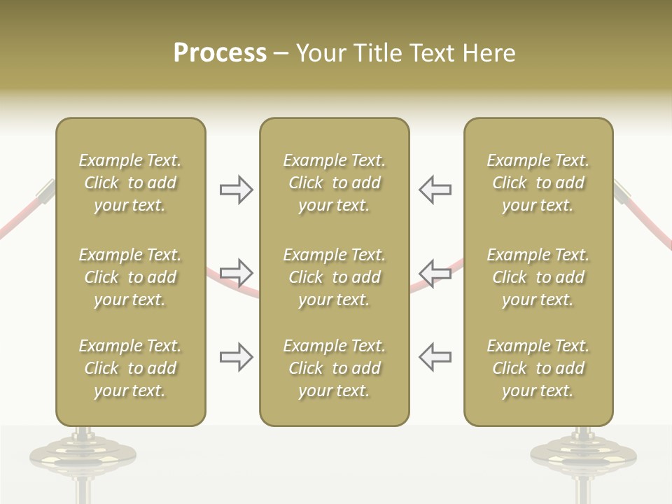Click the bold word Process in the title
[x=220, y=53]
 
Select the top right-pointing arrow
[x=237, y=190]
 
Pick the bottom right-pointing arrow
[x=237, y=357]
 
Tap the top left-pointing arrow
[x=435, y=190]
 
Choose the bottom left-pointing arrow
[x=435, y=357]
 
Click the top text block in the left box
[x=130, y=183]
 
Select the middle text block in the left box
[x=130, y=277]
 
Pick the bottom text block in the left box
[x=130, y=368]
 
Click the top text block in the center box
[x=334, y=183]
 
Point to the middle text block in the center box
[x=334, y=277]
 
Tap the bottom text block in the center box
[x=334, y=368]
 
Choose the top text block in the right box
[x=538, y=183]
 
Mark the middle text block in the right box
[x=538, y=277]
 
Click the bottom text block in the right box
[x=538, y=368]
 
